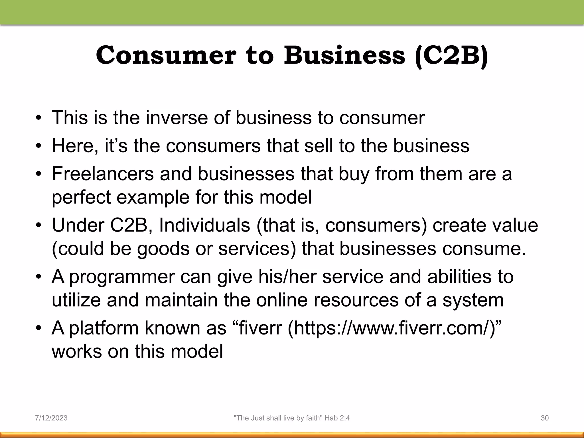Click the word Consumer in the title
coord(166,55)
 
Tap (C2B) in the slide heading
coord(452,56)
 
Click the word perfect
coord(81,197)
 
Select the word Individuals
coord(204,225)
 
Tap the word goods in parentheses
coord(163,249)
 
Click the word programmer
coord(122,277)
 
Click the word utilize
coord(76,300)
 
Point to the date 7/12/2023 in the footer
coord(51,418)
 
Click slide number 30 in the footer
coord(545,418)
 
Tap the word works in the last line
coord(77,351)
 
